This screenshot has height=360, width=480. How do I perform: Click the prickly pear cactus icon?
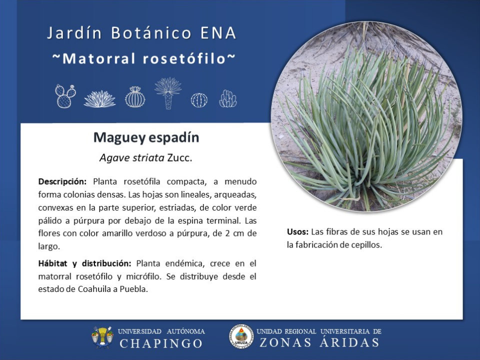[x=65, y=96]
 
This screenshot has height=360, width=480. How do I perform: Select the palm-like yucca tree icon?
[x=168, y=93]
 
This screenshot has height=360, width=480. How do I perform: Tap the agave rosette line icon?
[x=100, y=99]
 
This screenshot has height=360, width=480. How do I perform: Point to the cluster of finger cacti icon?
[x=228, y=98]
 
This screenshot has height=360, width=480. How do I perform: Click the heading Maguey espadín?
[x=146, y=137]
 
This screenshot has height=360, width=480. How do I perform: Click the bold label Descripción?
[x=62, y=181]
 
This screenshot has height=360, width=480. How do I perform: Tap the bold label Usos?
[x=297, y=231]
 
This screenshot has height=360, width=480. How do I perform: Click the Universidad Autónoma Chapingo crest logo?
[x=102, y=337]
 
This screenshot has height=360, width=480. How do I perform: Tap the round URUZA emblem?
[x=241, y=336]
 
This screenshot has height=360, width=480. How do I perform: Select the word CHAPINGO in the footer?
[x=161, y=343]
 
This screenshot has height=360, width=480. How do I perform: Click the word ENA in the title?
[x=218, y=33]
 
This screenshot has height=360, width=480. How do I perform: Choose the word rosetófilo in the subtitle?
[x=184, y=58]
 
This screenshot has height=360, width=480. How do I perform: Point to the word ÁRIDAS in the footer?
[x=349, y=342]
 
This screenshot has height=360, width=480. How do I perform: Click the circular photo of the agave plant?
[x=366, y=116]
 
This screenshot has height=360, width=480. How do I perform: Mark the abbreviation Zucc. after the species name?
[x=179, y=157]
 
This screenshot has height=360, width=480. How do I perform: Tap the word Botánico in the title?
[x=151, y=33]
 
